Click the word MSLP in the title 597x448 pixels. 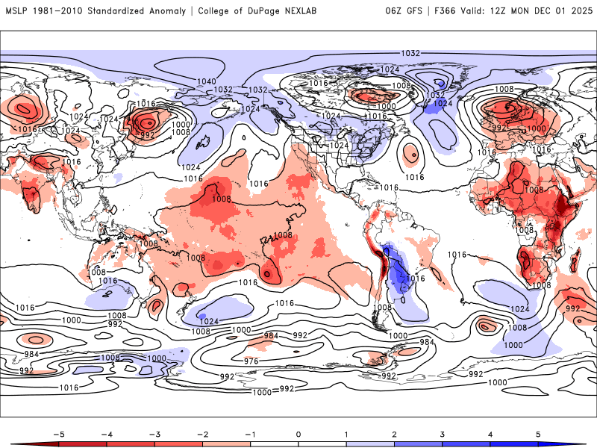click(16, 11)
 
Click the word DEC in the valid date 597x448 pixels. click(540, 11)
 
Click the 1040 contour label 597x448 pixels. click(206, 81)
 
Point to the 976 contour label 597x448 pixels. click(251, 361)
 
